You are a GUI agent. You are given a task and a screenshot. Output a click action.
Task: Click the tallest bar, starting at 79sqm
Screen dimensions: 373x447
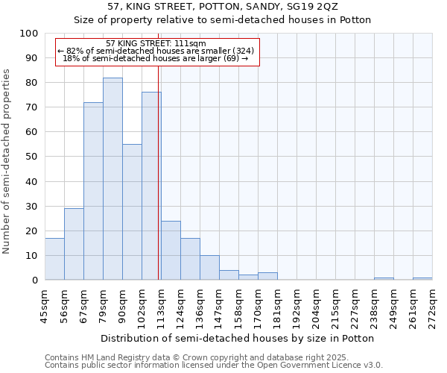click(112, 179)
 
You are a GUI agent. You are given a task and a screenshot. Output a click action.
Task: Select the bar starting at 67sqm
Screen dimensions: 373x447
click(93, 191)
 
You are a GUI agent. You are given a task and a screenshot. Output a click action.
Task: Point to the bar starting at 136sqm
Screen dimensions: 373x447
click(209, 268)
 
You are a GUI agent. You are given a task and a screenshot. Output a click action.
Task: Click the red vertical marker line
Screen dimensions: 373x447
click(159, 186)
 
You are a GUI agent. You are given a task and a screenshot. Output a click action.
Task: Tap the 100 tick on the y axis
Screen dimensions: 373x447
click(29, 34)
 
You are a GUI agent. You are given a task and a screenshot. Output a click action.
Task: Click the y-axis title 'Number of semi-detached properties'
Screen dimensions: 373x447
click(7, 161)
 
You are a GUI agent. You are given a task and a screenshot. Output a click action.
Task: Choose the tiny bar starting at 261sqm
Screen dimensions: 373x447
click(422, 278)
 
